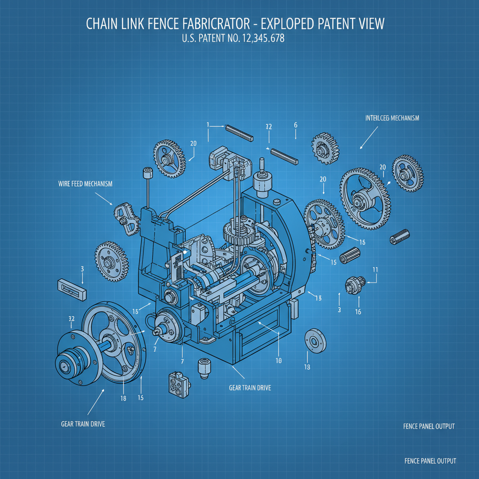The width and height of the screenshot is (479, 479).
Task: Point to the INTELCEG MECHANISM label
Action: tap(392, 118)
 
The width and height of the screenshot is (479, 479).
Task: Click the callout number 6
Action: tap(296, 125)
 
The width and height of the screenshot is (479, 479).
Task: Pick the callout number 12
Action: tap(269, 126)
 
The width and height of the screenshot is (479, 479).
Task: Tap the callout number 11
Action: tap(375, 269)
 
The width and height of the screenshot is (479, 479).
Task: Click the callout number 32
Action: tap(72, 318)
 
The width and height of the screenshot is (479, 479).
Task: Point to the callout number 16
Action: tap(358, 312)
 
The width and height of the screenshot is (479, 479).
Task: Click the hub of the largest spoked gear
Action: tap(360, 201)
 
